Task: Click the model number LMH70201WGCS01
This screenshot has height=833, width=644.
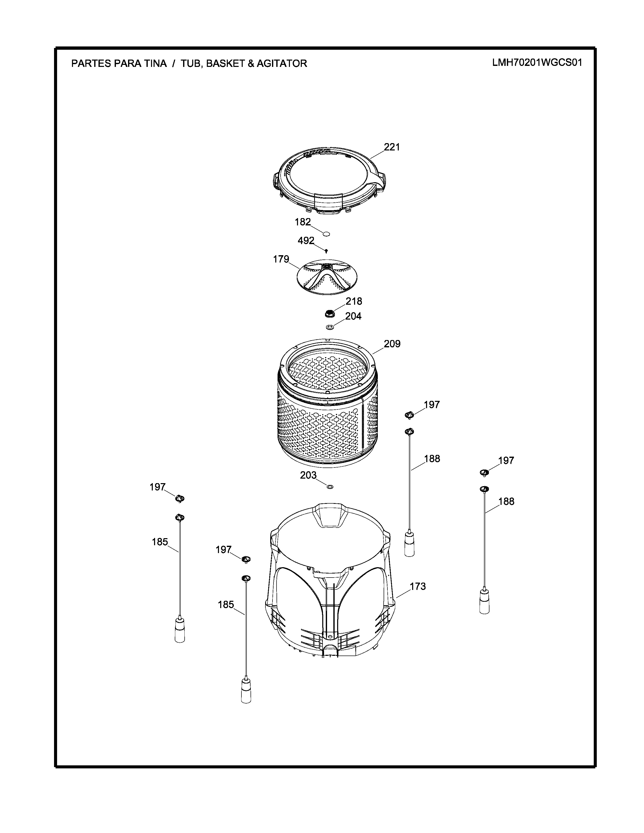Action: point(537,63)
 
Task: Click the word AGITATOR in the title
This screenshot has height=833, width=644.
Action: point(282,63)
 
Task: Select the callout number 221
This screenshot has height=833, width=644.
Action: point(392,147)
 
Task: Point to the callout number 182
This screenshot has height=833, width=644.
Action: point(303,222)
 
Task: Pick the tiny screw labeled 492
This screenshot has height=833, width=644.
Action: point(326,251)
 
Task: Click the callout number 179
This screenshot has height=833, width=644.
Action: point(281,259)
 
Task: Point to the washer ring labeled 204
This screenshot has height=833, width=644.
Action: point(330,327)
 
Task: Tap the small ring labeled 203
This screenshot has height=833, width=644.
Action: point(330,487)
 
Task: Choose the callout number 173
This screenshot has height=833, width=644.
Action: point(417,586)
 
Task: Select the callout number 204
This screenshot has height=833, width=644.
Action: point(353,316)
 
